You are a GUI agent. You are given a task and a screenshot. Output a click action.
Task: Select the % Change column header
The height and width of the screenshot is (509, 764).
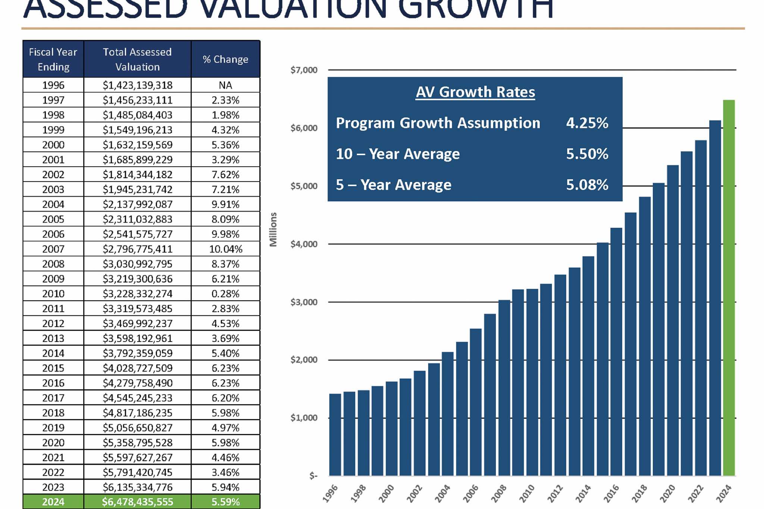pyautogui.click(x=225, y=59)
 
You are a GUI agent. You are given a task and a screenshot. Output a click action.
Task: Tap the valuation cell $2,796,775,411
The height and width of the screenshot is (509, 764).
pyautogui.click(x=137, y=249)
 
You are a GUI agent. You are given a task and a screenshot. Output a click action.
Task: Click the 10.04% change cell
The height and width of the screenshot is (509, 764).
pyautogui.click(x=225, y=249)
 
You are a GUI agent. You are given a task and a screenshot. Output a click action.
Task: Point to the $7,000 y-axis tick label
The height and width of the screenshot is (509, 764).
pyautogui.click(x=304, y=70)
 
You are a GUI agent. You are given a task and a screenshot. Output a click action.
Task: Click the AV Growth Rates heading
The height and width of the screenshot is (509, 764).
pyautogui.click(x=475, y=92)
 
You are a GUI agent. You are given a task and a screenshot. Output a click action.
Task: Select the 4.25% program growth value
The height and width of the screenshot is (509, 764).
pyautogui.click(x=587, y=123)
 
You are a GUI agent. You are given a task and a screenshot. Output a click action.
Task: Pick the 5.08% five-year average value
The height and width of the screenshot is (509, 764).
pyautogui.click(x=587, y=185)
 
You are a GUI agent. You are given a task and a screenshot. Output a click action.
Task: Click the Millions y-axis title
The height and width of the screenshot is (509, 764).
pyautogui.click(x=273, y=229)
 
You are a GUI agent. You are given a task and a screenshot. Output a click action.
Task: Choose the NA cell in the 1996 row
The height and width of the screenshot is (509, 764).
pyautogui.click(x=225, y=85)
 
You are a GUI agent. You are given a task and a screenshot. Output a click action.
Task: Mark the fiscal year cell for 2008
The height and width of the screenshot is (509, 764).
pyautogui.click(x=53, y=264)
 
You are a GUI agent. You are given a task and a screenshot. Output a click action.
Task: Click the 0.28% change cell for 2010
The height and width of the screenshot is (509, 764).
pyautogui.click(x=225, y=294)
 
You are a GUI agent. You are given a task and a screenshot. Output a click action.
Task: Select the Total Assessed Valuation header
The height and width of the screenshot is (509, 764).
pyautogui.click(x=137, y=59)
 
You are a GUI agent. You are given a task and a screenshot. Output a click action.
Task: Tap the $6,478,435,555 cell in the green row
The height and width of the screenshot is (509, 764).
pyautogui.click(x=137, y=502)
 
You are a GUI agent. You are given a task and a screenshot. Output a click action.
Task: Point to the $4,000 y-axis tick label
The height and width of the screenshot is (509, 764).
pyautogui.click(x=304, y=244)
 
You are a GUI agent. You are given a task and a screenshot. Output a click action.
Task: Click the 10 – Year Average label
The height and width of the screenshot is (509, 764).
pyautogui.click(x=398, y=154)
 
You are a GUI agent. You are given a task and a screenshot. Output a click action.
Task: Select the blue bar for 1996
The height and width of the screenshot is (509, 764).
pyautogui.click(x=335, y=435)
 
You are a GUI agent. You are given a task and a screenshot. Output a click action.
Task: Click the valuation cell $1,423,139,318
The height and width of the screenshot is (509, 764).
pyautogui.click(x=137, y=85)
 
